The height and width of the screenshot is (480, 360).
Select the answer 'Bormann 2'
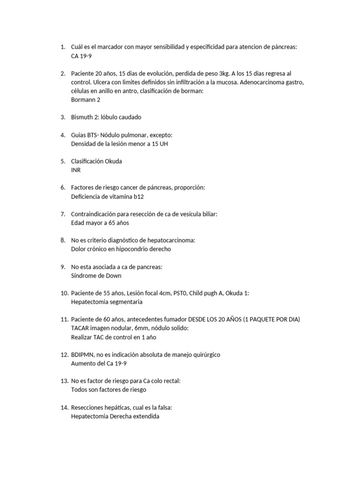pos(85,100)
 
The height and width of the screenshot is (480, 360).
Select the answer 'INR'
pos(76,170)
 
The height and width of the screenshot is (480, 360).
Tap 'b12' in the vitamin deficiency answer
pos(139,196)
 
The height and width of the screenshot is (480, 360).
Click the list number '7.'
pos(63,214)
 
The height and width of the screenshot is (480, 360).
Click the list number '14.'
pos(65,407)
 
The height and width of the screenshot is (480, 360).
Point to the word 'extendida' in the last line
pos(145,416)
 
